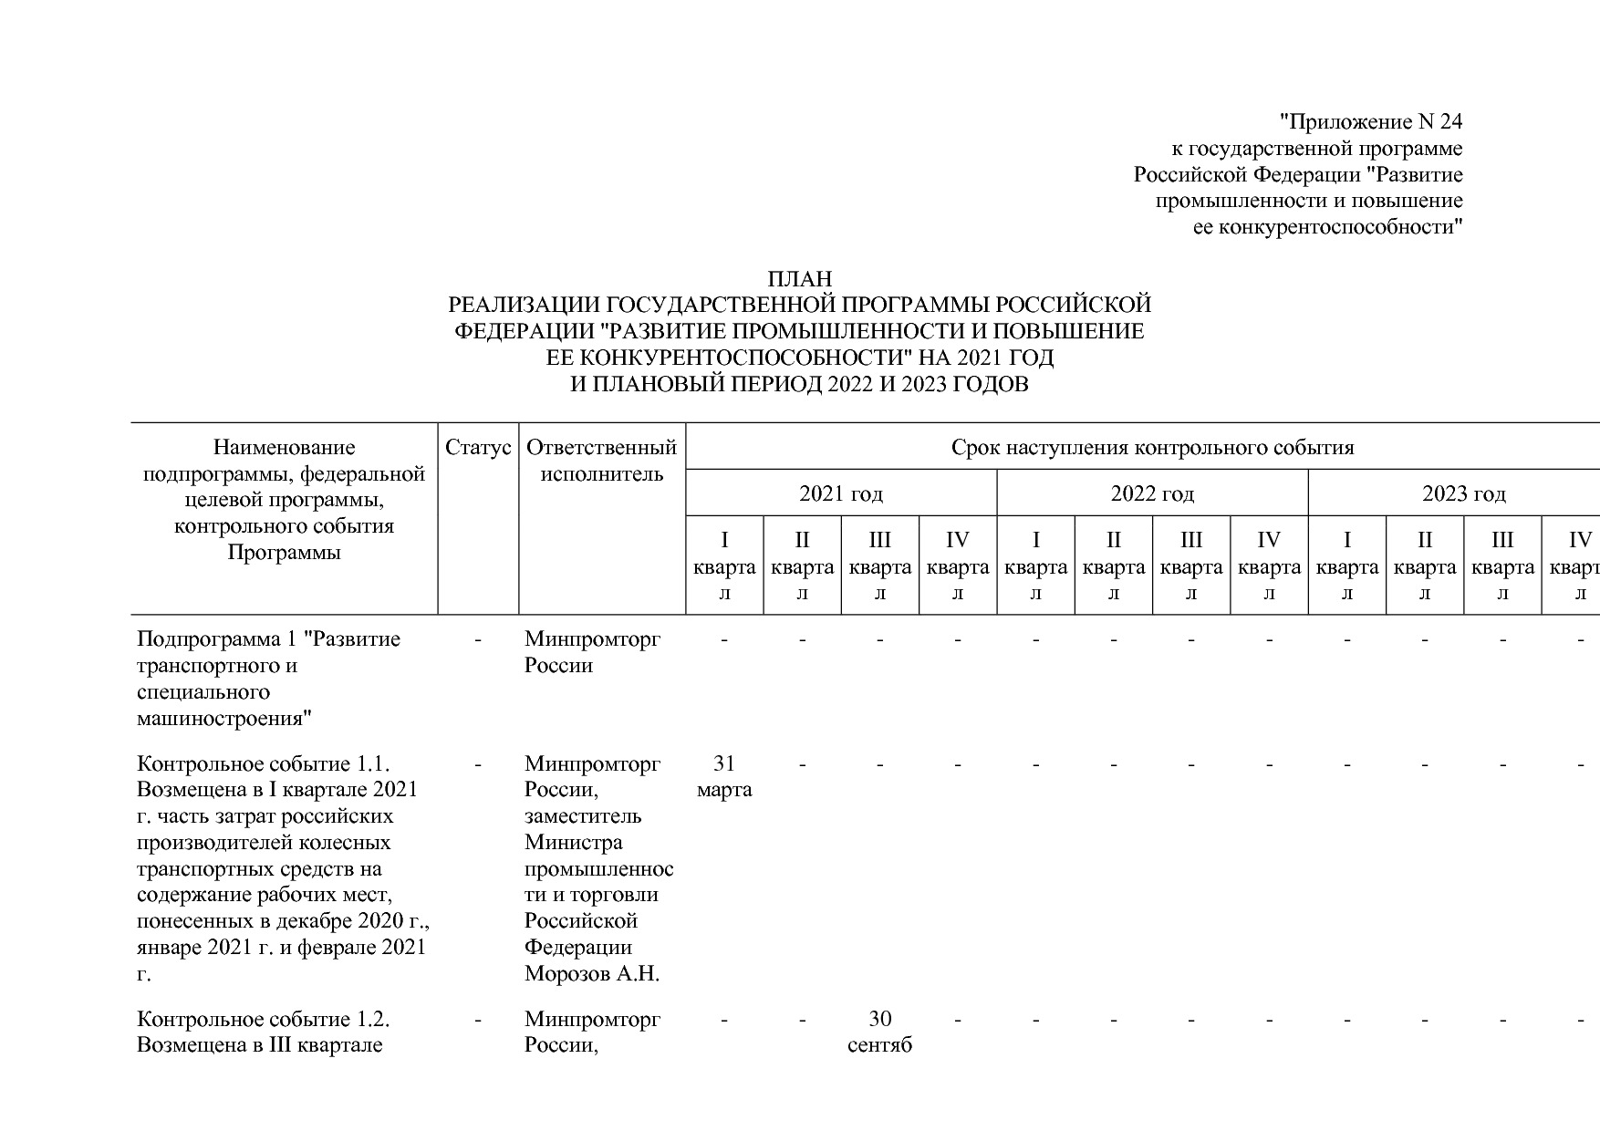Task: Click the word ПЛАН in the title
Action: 799,278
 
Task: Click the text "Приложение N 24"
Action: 1371,122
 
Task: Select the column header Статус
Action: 478,448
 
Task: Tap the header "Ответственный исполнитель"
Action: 602,461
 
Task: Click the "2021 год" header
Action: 840,494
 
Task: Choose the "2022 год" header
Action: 1152,494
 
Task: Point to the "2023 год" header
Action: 1463,494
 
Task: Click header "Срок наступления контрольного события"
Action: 1152,448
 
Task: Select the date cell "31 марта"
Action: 724,776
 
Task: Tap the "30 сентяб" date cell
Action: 879,1032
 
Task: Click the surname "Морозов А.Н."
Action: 591,974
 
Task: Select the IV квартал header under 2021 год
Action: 958,565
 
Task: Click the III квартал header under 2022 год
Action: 1191,565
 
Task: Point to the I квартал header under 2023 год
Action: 1347,565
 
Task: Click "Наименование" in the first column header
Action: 284,448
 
